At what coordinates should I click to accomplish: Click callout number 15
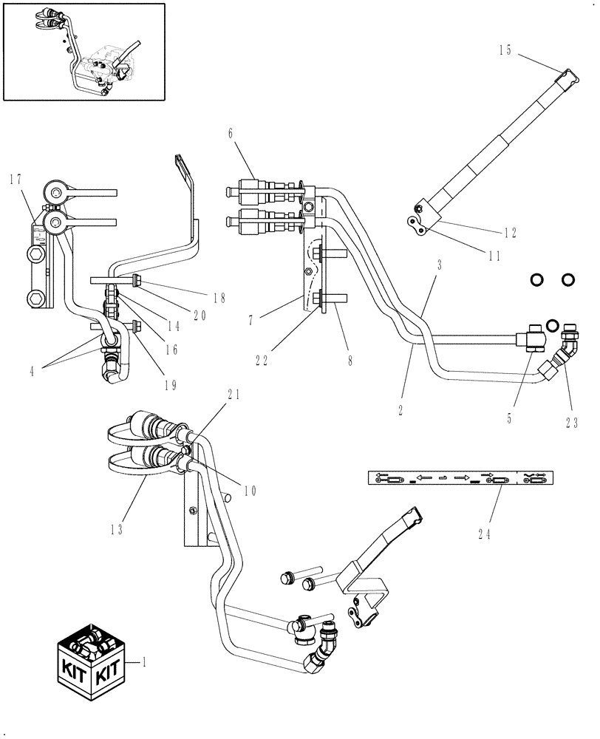(x=505, y=50)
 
